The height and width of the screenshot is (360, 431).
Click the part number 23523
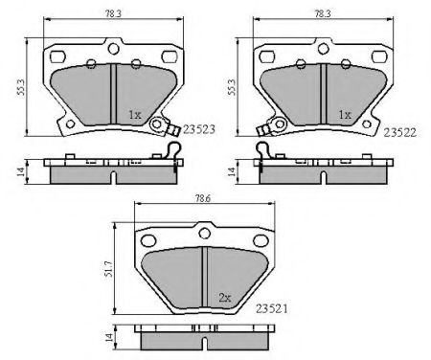coord(198,129)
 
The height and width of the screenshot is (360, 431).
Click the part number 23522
coord(399,132)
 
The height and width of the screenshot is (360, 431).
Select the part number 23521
coord(272,308)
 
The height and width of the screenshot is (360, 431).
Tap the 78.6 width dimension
coord(203,198)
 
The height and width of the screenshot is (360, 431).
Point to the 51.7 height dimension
coord(109,268)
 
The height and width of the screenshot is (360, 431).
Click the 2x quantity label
coord(225,298)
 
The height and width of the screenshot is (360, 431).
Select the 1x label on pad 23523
coord(135,115)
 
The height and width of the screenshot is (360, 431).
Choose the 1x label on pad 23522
coord(345,115)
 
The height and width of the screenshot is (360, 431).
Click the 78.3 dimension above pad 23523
coord(113,14)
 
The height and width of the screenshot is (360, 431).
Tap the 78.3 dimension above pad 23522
coord(323,14)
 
